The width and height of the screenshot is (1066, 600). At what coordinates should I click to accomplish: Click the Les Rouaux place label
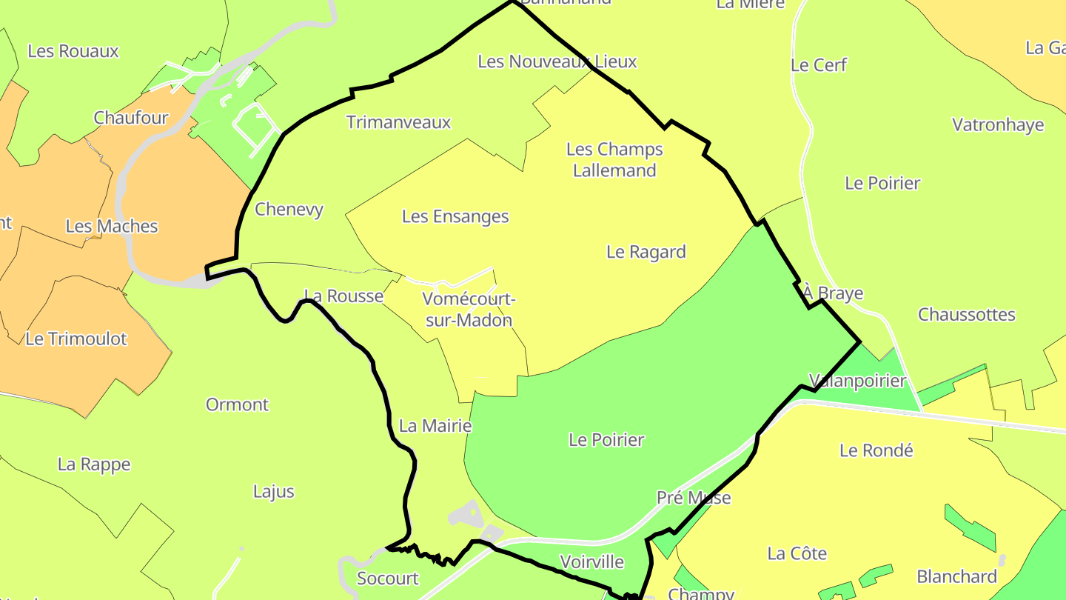click(x=73, y=51)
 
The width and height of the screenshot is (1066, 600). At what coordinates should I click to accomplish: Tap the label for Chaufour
click(x=131, y=118)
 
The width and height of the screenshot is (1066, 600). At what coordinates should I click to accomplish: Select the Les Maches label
click(x=112, y=227)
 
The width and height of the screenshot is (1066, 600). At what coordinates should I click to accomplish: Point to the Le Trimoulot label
click(x=76, y=339)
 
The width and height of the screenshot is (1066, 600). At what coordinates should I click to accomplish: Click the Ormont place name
click(x=237, y=405)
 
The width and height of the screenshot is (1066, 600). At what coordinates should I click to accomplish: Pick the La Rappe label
click(x=94, y=465)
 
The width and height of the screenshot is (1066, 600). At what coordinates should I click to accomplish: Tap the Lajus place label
click(x=274, y=492)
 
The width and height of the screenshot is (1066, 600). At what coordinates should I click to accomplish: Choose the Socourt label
click(x=388, y=579)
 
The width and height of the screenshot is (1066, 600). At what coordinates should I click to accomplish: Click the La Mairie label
click(x=435, y=426)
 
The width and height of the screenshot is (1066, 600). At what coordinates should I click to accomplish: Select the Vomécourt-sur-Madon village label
click(x=468, y=310)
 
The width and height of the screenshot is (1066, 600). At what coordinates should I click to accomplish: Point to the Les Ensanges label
click(x=455, y=217)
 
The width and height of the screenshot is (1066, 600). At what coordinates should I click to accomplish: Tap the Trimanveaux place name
click(x=399, y=123)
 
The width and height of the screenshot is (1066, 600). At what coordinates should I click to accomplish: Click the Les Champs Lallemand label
click(x=614, y=160)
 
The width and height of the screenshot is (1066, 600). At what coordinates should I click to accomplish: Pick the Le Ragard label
click(x=646, y=253)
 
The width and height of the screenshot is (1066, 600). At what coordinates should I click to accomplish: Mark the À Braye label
click(x=834, y=294)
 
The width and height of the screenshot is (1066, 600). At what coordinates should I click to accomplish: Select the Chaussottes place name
click(x=967, y=315)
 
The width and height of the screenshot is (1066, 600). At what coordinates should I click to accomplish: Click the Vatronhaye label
click(x=998, y=125)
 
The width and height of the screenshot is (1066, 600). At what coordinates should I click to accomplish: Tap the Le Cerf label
click(x=819, y=65)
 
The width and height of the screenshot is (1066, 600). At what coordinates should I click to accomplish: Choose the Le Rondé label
click(x=876, y=450)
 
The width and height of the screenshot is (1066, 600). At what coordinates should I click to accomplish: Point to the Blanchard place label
click(x=957, y=577)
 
